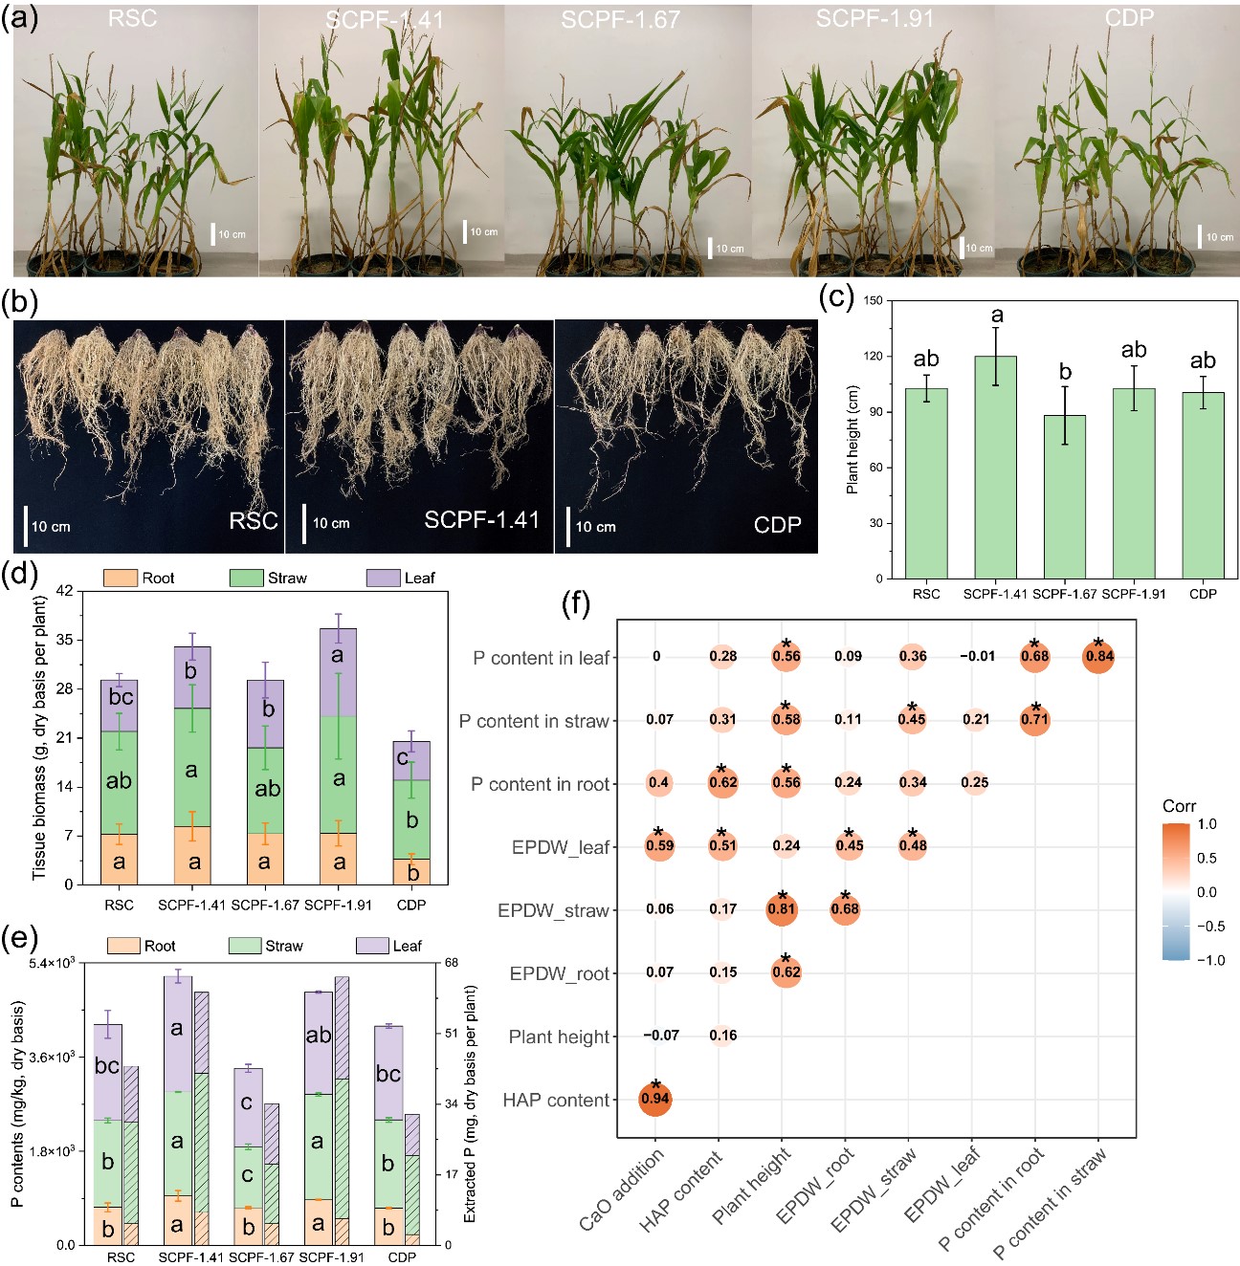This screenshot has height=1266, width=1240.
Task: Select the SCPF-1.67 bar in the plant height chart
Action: pos(1065,496)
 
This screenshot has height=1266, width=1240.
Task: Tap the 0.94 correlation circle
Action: pos(655,1099)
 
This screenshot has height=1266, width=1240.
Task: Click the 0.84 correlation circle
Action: pos(1098,657)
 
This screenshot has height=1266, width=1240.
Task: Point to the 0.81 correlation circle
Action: pos(783,909)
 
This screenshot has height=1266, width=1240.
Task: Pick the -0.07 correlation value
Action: pos(660,1036)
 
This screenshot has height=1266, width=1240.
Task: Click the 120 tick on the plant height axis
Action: pos(873,357)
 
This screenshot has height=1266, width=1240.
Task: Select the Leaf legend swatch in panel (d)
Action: pos(383,578)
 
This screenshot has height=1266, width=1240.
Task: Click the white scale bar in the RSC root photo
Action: pos(25,526)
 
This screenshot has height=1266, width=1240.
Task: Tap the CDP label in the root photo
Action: pos(777,525)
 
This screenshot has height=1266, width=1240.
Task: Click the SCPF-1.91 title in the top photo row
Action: pos(875,19)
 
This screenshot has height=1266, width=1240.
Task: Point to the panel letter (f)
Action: pos(575,604)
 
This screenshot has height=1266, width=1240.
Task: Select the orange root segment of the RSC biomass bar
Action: pos(119,859)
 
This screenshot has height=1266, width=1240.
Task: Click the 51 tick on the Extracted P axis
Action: pos(452,1034)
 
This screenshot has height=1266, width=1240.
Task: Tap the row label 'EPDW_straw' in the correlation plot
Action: pos(553,910)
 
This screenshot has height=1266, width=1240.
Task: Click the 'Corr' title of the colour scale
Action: pos(1179,806)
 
